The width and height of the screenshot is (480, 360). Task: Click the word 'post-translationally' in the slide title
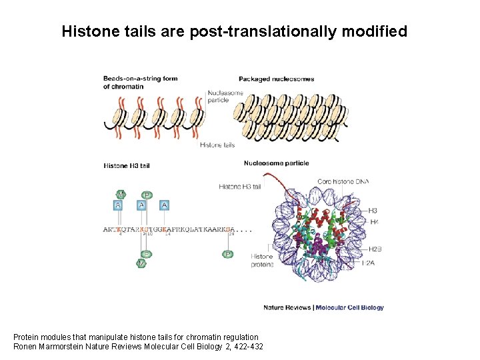click(257, 31)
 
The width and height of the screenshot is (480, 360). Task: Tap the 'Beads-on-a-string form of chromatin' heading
click(140, 82)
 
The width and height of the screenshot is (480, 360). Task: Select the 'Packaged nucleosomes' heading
click(276, 79)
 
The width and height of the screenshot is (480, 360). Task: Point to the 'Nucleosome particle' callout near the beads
click(226, 97)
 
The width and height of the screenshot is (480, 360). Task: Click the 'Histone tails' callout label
click(217, 145)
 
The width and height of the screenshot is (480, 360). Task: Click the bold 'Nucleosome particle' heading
click(276, 163)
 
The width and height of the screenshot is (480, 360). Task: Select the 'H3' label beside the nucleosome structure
click(373, 211)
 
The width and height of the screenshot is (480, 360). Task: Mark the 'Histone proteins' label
click(262, 260)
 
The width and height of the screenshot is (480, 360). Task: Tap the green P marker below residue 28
click(228, 254)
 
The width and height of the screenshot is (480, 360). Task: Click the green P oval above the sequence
click(147, 195)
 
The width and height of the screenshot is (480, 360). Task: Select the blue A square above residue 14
click(164, 205)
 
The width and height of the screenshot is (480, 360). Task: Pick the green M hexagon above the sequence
click(121, 195)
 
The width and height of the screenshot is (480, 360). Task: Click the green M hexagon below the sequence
click(141, 263)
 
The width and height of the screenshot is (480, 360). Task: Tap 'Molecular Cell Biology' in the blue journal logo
click(349, 307)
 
